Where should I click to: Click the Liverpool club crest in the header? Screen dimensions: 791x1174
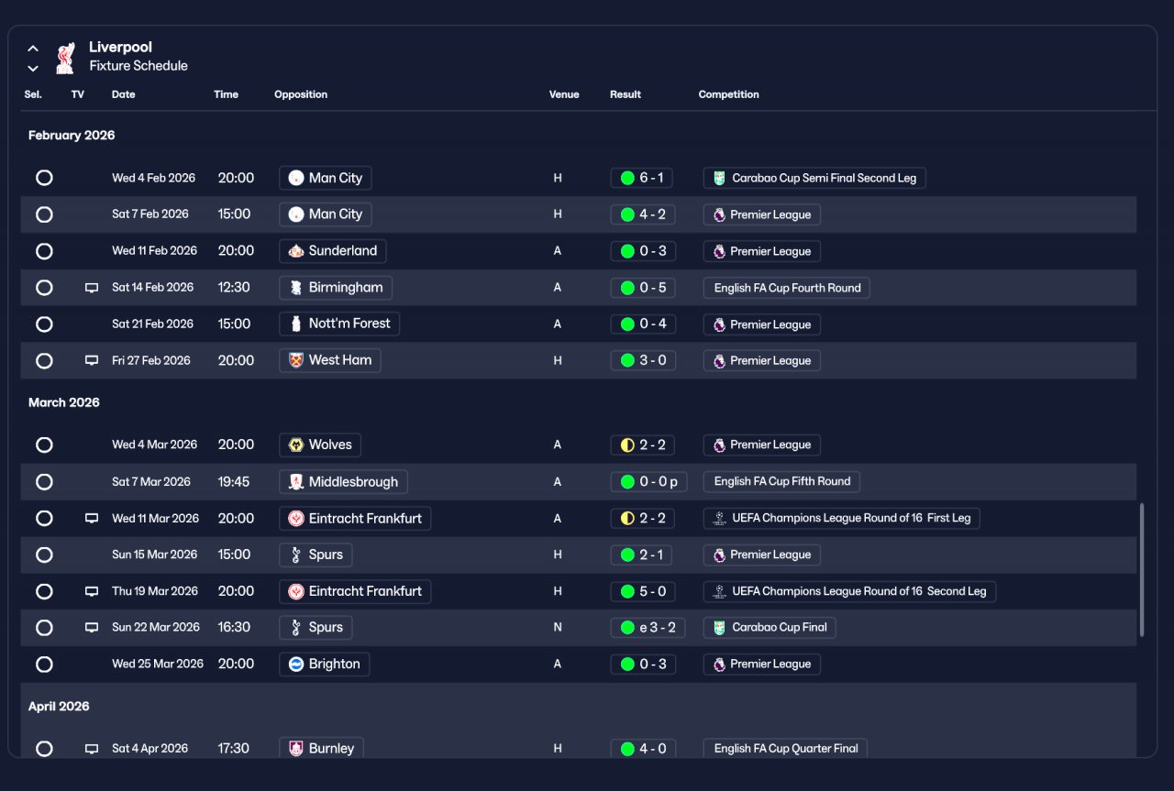click(x=64, y=57)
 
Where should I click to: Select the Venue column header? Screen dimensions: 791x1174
click(x=564, y=94)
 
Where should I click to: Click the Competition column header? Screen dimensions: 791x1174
click(x=728, y=94)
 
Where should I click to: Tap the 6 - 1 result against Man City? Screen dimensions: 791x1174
click(x=641, y=178)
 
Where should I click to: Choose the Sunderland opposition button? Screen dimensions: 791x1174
click(x=332, y=251)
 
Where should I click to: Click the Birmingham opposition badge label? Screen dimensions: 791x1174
click(x=336, y=288)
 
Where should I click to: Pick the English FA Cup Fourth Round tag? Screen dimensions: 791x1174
click(x=786, y=288)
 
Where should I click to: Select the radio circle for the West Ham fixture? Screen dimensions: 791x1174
click(x=44, y=361)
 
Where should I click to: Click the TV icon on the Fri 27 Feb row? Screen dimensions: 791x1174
click(x=92, y=361)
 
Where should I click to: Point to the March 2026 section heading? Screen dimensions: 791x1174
click(x=64, y=402)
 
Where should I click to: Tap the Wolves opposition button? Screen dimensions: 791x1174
click(x=320, y=445)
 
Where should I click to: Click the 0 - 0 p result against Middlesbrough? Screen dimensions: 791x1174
click(x=648, y=482)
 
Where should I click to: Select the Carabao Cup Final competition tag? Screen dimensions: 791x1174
click(x=770, y=628)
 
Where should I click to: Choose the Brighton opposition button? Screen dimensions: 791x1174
click(x=324, y=665)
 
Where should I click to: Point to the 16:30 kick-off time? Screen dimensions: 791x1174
click(x=235, y=628)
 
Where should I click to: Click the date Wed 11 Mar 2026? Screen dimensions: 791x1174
click(x=155, y=519)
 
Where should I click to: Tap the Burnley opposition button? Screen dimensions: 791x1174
click(x=321, y=748)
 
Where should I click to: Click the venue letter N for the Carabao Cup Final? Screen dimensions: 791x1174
click(x=558, y=628)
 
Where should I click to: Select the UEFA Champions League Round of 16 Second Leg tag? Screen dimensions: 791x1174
click(x=849, y=591)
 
